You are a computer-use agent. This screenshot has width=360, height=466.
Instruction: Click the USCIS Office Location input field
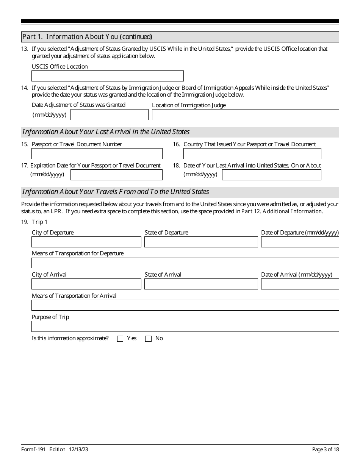click(107, 76)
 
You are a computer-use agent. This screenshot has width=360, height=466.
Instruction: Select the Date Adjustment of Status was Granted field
click(110, 115)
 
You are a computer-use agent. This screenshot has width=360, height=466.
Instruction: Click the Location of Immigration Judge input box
click(245, 115)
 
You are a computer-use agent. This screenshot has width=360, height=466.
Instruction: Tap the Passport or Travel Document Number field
click(97, 154)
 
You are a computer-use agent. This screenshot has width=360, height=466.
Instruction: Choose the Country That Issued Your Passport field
click(252, 154)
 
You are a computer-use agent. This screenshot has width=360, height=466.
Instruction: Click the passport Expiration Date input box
click(116, 175)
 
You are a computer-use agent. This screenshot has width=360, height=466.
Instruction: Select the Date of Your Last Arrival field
click(271, 175)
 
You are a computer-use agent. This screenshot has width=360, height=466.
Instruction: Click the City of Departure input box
click(86, 242)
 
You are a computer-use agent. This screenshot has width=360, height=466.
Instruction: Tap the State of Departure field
click(201, 242)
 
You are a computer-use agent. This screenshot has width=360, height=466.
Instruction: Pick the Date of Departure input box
click(300, 242)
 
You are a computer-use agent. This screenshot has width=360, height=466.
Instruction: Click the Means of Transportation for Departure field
click(185, 263)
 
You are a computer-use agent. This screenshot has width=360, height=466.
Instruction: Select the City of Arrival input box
click(86, 284)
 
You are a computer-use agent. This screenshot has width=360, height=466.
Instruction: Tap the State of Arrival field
click(201, 284)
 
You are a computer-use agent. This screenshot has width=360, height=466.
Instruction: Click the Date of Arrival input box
click(300, 284)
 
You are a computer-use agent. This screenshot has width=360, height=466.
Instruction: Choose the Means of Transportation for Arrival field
click(185, 305)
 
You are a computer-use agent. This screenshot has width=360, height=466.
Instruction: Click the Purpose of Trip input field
click(185, 327)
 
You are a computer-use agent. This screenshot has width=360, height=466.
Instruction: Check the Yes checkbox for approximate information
click(120, 339)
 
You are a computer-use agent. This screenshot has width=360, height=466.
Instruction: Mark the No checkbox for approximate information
click(148, 339)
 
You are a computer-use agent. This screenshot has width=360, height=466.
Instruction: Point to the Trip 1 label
click(39, 222)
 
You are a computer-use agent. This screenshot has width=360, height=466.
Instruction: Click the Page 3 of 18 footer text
click(325, 450)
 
